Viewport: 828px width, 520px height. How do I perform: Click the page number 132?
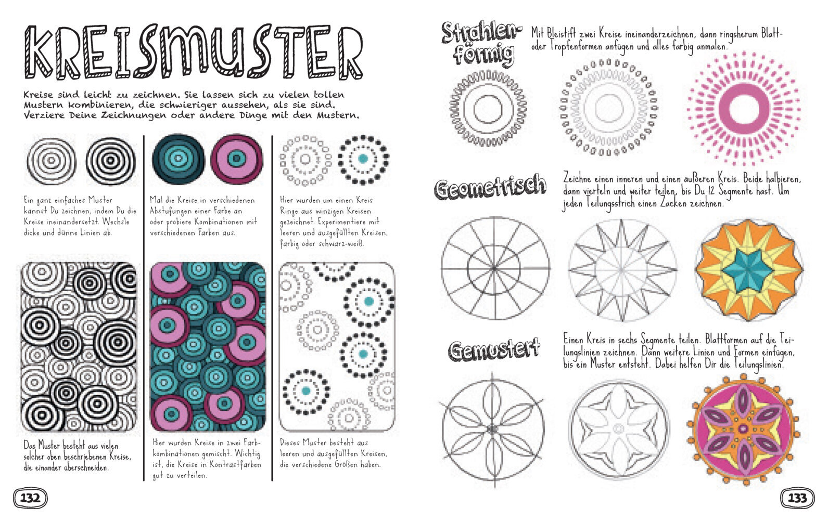tap(30, 498)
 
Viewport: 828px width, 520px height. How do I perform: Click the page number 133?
tap(797, 498)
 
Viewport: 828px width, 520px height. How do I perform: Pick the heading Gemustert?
tap(494, 349)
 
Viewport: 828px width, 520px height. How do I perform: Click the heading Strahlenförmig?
tap(481, 44)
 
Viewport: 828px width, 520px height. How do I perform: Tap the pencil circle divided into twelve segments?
tap(494, 268)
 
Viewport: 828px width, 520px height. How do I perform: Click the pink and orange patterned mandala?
tap(743, 430)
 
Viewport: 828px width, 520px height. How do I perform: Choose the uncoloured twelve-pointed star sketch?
tap(622, 269)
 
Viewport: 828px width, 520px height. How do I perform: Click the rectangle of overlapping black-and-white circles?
tap(79, 346)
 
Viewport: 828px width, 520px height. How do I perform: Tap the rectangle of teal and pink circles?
tap(208, 346)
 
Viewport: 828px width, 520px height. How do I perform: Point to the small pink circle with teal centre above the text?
tap(237, 159)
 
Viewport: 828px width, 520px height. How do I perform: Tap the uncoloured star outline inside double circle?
tap(619, 430)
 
